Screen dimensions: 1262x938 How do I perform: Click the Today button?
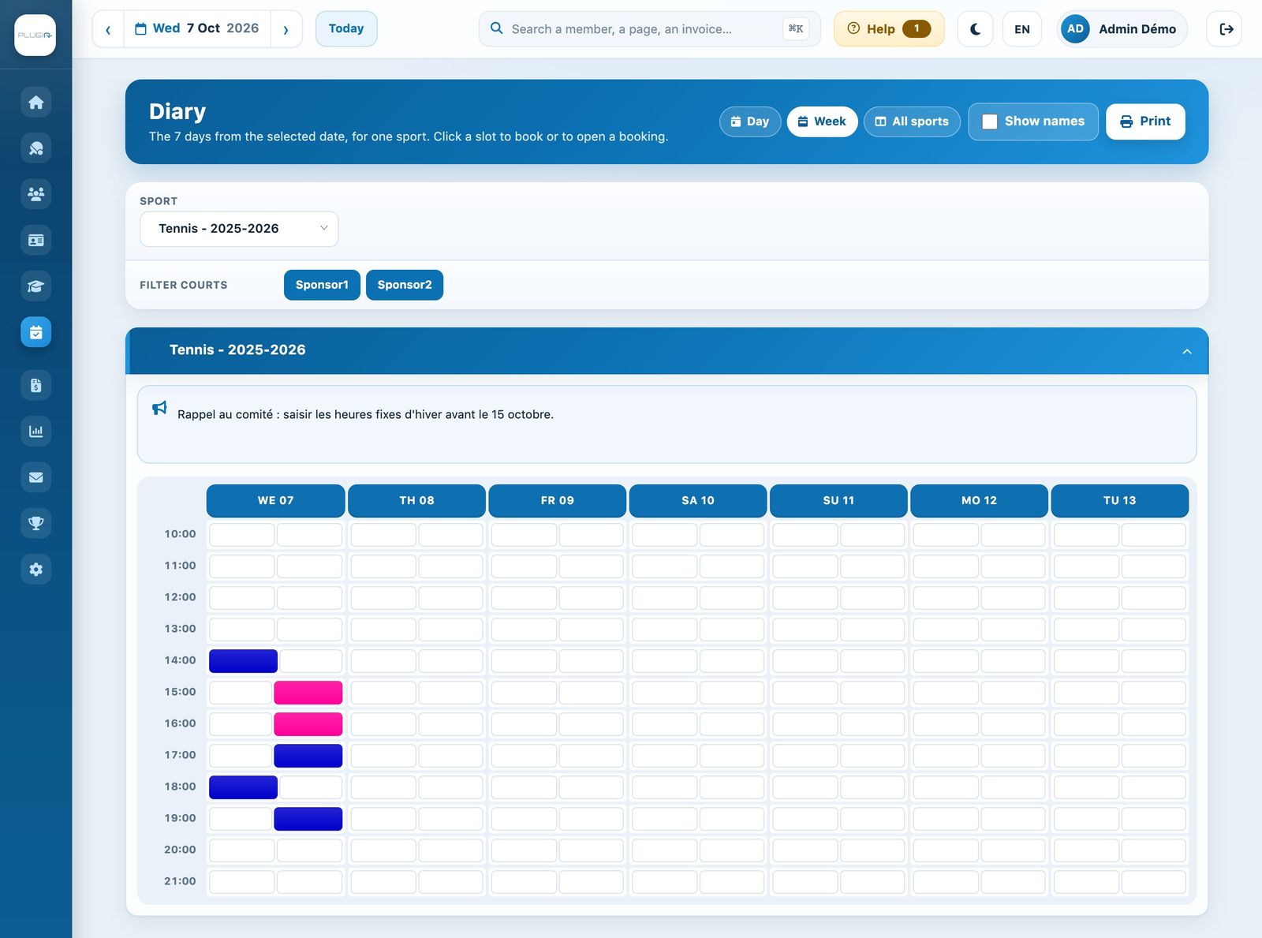[x=346, y=28]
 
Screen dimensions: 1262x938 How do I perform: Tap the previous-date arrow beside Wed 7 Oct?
[x=108, y=29]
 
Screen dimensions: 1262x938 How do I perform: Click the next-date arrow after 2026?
[x=286, y=29]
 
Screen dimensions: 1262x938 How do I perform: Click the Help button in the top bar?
[x=889, y=28]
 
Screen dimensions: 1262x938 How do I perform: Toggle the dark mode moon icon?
[x=975, y=28]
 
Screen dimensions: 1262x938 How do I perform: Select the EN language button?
[x=1022, y=28]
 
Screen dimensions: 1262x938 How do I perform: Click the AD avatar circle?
[x=1075, y=28]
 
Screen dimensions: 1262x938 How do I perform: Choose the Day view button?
[x=750, y=121]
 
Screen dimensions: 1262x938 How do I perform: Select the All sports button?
[x=912, y=121]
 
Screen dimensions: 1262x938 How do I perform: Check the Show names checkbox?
[x=989, y=121]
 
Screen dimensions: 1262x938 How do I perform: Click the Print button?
[x=1145, y=121]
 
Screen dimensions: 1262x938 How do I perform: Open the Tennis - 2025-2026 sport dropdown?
[x=239, y=229]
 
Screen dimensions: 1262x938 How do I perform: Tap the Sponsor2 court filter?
[x=405, y=285]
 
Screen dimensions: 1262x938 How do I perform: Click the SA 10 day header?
[x=697, y=500]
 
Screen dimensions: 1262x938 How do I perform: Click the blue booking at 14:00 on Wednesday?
[x=243, y=661]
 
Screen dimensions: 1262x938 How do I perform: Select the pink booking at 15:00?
[x=308, y=692]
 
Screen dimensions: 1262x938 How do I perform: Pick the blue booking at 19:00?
[x=308, y=818]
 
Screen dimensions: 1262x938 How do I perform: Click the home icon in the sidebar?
[x=35, y=103]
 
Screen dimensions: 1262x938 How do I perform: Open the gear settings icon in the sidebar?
[x=35, y=569]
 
